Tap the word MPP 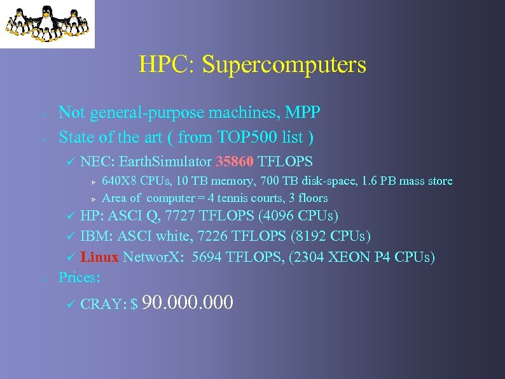(303, 113)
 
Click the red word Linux (99, 257)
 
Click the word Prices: (80, 277)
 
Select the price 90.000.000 (190, 302)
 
